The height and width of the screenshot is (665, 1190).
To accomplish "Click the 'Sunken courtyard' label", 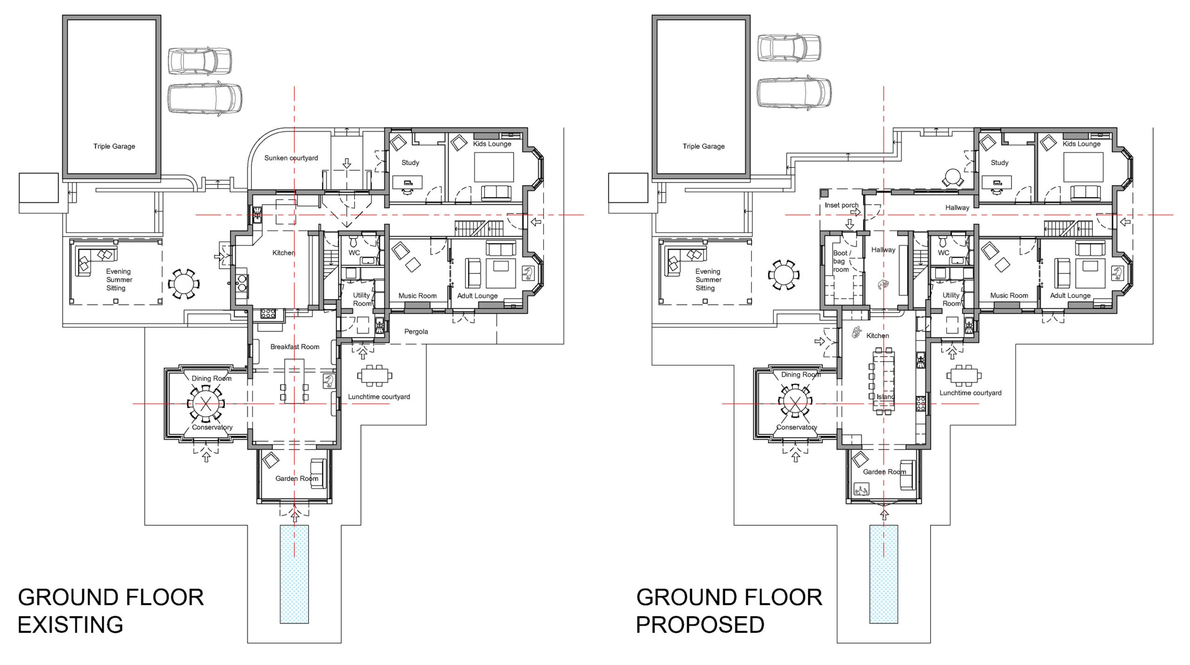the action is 291,158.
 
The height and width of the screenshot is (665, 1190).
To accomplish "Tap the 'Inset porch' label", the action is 841,205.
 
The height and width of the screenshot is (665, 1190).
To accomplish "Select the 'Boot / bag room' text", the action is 842,261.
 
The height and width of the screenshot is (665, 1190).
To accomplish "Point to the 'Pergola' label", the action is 416,332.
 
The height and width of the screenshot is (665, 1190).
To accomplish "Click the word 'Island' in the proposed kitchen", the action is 886,397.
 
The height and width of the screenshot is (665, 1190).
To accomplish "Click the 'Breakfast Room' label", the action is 295,347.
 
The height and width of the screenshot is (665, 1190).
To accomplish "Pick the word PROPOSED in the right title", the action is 700,625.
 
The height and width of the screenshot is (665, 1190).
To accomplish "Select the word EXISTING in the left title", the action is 71,625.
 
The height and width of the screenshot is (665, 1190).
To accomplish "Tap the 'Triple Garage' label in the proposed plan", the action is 703,146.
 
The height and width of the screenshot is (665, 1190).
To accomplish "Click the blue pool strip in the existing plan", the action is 294,574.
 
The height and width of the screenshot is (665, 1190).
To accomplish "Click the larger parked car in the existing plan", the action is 205,98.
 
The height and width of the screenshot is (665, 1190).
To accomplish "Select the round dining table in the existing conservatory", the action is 205,403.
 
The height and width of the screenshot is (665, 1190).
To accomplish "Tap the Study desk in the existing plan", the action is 408,182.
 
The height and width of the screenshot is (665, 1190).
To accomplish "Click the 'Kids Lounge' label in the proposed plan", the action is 1081,144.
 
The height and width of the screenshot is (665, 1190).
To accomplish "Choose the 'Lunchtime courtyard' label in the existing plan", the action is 379,397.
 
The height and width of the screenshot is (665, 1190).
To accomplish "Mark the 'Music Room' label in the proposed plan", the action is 1009,295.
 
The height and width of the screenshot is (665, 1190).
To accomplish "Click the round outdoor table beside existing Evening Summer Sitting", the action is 184,283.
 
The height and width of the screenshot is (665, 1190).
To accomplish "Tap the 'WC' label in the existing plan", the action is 354,253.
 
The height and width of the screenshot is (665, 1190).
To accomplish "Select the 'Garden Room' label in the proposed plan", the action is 884,472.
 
